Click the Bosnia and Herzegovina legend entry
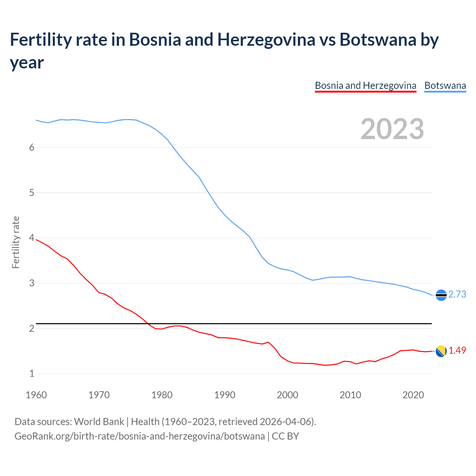pyautogui.click(x=365, y=86)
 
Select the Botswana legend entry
pyautogui.click(x=445, y=86)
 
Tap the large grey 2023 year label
pyautogui.click(x=392, y=129)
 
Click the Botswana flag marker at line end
pyautogui.click(x=441, y=295)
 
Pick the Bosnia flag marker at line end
pyautogui.click(x=441, y=351)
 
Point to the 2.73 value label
pyautogui.click(x=457, y=295)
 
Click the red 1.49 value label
pyautogui.click(x=457, y=351)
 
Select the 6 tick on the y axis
pyautogui.click(x=32, y=147)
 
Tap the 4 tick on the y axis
pyautogui.click(x=32, y=238)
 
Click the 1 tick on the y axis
pyautogui.click(x=32, y=374)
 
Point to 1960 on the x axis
pyautogui.click(x=36, y=395)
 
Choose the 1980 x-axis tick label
pyautogui.click(x=162, y=395)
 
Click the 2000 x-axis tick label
pyautogui.click(x=287, y=395)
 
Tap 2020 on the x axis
pyautogui.click(x=413, y=395)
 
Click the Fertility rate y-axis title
pyautogui.click(x=16, y=242)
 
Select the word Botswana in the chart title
pyautogui.click(x=378, y=40)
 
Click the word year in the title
pyautogui.click(x=27, y=63)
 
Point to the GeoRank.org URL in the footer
pyautogui.click(x=139, y=436)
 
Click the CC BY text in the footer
pyautogui.click(x=285, y=436)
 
